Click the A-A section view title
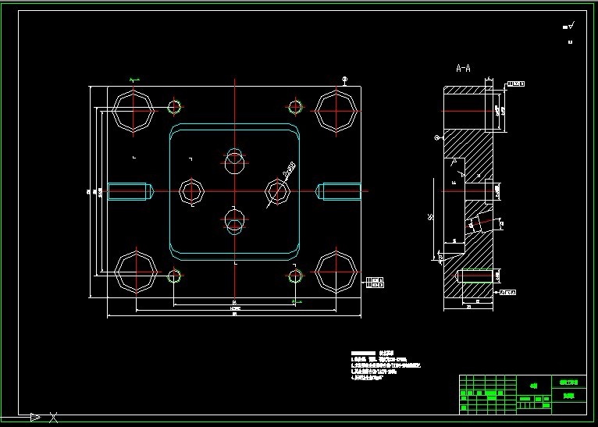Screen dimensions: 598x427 [x=463, y=68]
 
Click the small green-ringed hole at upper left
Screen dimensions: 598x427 [x=173, y=107]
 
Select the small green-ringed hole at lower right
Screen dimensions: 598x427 [x=295, y=276]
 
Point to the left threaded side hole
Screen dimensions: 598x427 [x=129, y=190]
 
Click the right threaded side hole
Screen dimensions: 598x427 [x=340, y=190]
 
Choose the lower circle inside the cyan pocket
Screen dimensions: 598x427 [x=234, y=221]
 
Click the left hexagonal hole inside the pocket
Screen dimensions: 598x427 [x=191, y=190]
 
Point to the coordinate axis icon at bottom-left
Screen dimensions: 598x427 [x=35, y=417]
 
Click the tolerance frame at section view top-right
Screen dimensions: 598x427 [x=516, y=84]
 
